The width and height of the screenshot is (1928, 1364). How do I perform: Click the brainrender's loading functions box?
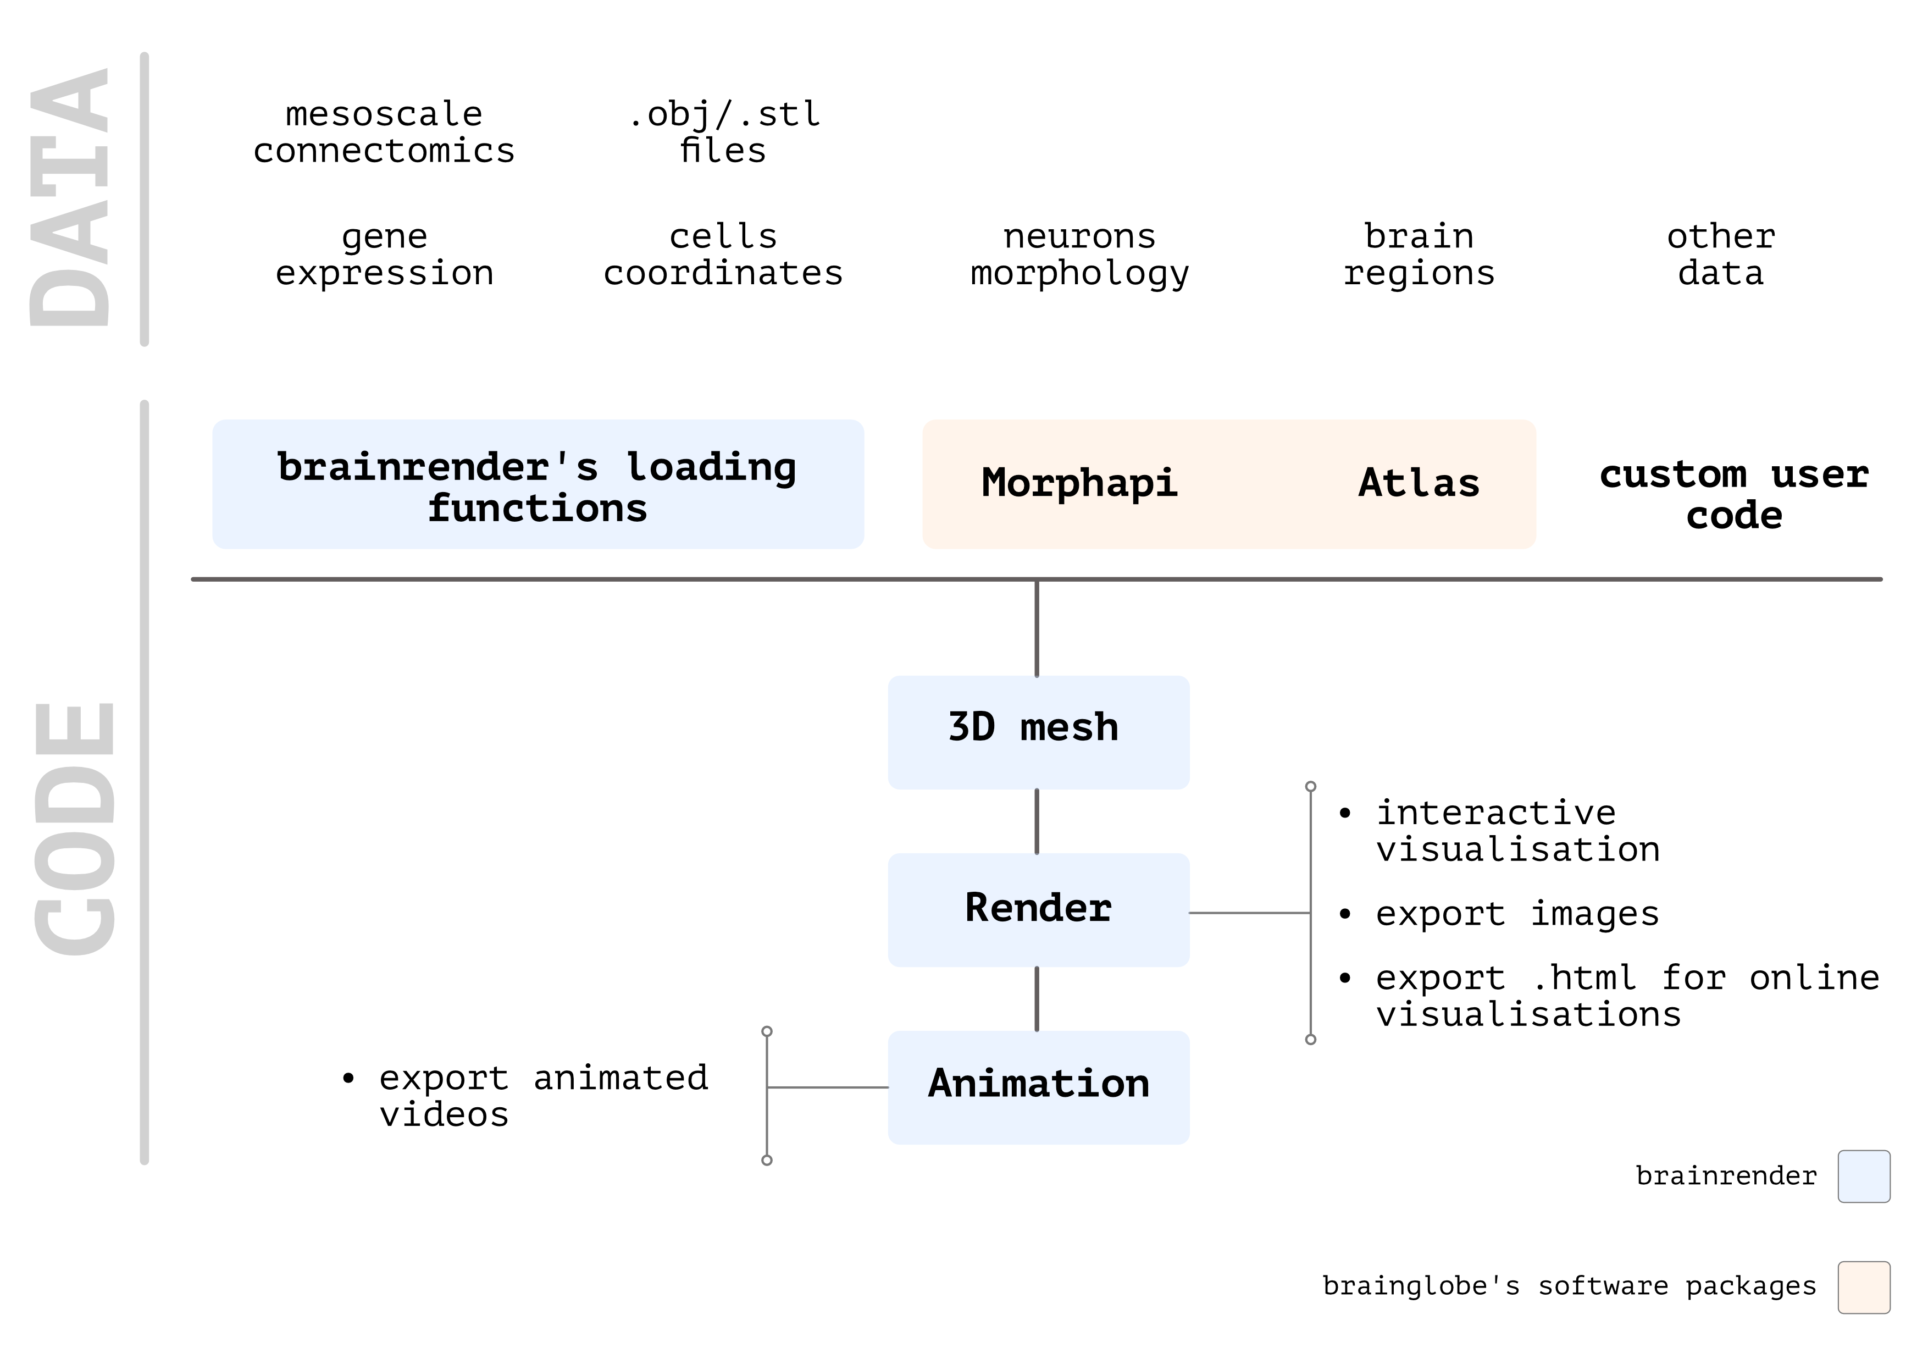coord(538,484)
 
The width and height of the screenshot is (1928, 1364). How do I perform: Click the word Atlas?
coord(1419,484)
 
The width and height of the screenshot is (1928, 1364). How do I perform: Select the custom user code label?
coord(1734,495)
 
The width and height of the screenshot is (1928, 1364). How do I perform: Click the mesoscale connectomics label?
coord(384,132)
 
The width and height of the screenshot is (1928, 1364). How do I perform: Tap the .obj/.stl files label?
coord(724,132)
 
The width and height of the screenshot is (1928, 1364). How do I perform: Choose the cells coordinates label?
coord(723,255)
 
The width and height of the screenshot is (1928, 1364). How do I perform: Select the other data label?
coord(1721,255)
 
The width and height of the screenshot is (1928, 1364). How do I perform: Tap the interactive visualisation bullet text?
coord(1517,831)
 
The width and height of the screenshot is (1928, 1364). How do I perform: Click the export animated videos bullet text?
coord(544,1096)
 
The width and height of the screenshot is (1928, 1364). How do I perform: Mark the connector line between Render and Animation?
coord(1037,998)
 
